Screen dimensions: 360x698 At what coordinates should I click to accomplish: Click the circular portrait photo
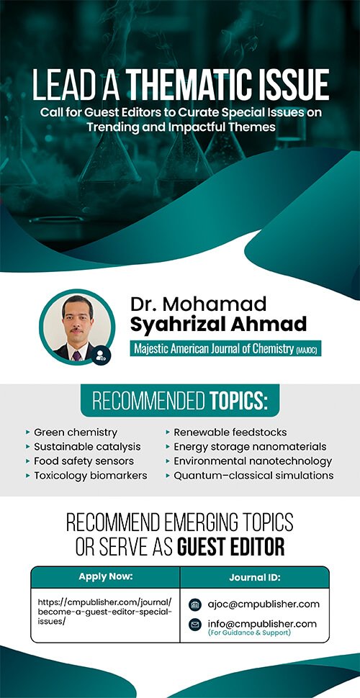pos(76,327)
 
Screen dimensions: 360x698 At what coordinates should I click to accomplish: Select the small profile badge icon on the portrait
pos(101,355)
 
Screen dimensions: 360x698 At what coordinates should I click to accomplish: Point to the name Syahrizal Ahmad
pos(218,324)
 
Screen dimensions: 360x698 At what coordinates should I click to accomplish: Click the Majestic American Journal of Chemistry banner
pos(225,348)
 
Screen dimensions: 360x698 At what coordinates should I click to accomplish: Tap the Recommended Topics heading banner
pos(180,401)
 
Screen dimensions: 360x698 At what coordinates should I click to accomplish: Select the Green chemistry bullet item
pos(72,432)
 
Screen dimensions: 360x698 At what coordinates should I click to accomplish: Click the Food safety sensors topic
pos(80,461)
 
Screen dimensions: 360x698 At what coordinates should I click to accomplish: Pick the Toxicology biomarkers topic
pos(86,476)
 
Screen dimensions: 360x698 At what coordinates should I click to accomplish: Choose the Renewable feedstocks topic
pos(226,432)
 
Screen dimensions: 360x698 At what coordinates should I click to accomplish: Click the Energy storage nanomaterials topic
pos(246,446)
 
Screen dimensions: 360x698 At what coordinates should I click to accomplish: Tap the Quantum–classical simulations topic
pos(250,476)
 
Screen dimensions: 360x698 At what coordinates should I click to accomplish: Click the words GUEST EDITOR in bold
pos(231,548)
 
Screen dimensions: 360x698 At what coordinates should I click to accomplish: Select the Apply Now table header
pos(106,577)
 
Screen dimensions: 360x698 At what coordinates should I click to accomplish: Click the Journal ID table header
pos(255,577)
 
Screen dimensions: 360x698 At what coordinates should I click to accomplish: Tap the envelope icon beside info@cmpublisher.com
pos(195,625)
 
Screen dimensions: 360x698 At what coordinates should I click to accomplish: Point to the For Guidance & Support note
pos(249,633)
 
